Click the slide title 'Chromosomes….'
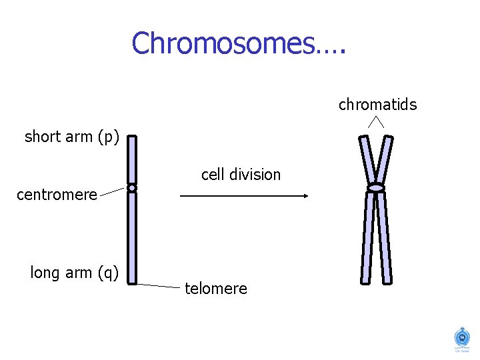click(x=239, y=44)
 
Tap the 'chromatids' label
click(x=377, y=105)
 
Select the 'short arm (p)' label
click(x=72, y=137)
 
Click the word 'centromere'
click(x=57, y=195)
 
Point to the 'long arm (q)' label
click(x=75, y=273)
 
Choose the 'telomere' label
click(x=215, y=289)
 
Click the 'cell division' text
click(x=241, y=175)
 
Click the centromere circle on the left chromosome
click(x=132, y=189)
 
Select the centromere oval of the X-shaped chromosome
click(x=376, y=188)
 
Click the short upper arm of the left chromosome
click(x=132, y=160)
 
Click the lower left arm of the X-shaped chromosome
click(x=367, y=237)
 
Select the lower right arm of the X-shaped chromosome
click(x=385, y=237)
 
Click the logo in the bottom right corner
click(x=461, y=339)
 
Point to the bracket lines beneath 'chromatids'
click(x=377, y=121)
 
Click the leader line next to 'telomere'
click(x=160, y=286)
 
